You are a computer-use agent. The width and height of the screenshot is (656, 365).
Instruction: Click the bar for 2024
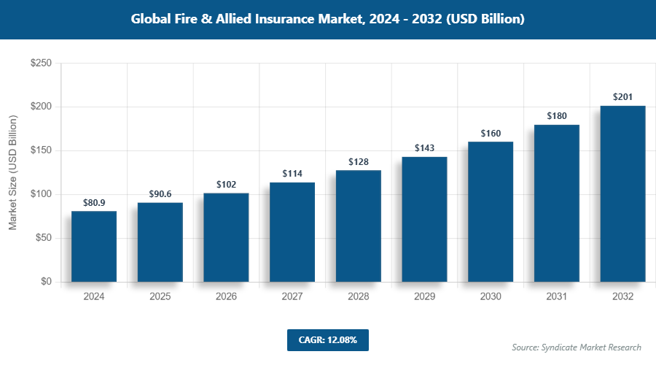coord(94,247)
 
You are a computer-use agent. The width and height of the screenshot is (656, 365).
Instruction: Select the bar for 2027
coord(292,232)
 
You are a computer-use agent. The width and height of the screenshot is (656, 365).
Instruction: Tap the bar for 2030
coord(491,212)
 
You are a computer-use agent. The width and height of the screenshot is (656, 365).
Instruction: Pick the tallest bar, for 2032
coord(622,194)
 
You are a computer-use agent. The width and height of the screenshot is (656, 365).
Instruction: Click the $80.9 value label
coord(94,201)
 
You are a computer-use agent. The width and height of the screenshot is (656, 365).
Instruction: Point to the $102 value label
coord(226,184)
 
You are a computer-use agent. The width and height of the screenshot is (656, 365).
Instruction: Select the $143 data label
coord(424,147)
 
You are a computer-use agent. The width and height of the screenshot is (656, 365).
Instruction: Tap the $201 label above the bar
coord(622,97)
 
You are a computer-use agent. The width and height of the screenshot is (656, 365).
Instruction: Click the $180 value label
coord(557,115)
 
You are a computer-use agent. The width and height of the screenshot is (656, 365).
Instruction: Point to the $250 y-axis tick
coord(40,64)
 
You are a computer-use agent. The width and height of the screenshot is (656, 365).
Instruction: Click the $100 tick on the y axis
coord(40,194)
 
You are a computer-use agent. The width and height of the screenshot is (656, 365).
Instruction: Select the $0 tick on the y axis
coord(45,282)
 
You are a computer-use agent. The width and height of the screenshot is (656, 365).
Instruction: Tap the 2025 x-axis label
coord(160,296)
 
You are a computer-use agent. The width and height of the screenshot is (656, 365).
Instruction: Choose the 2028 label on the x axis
coord(359,296)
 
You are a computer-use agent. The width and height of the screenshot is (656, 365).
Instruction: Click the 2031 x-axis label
coord(557,296)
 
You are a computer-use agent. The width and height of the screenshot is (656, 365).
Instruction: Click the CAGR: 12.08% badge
coord(328,339)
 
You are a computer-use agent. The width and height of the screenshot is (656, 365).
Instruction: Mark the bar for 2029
coord(424,219)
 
